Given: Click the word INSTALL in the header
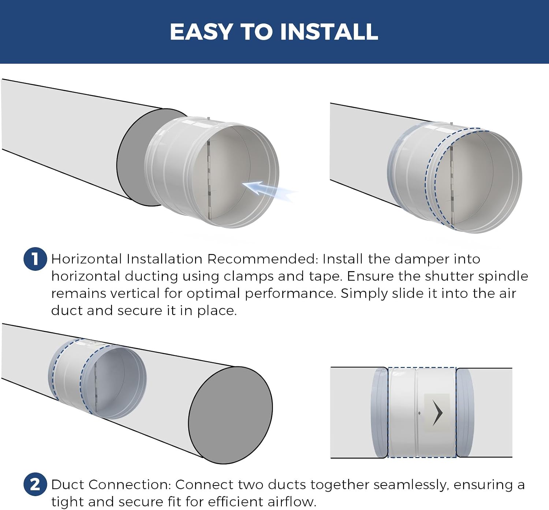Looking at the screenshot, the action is (329, 32).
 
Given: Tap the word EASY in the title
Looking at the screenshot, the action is (201, 32).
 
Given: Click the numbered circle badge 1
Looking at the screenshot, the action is (35, 259).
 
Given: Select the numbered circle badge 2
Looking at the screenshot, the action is (35, 484).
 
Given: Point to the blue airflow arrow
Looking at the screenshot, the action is (268, 191).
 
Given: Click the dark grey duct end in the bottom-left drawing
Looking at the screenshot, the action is (230, 415).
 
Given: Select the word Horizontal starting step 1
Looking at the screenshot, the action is (86, 259).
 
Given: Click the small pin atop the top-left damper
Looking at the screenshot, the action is (208, 119).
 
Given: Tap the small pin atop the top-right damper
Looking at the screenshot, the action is (451, 124).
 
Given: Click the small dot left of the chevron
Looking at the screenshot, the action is (419, 413).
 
